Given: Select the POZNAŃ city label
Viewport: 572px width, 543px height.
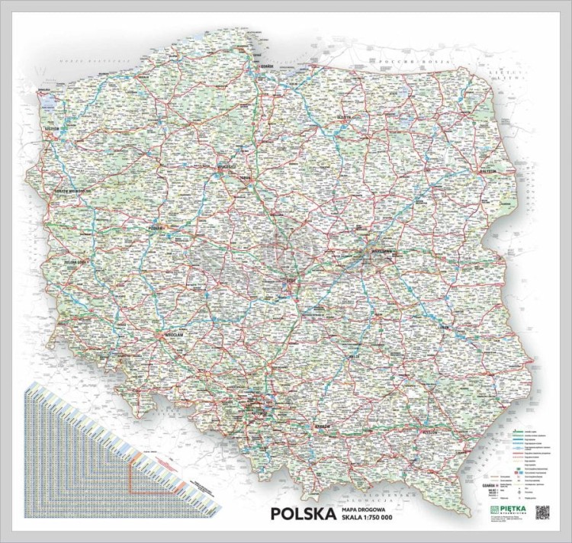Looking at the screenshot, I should [158, 228].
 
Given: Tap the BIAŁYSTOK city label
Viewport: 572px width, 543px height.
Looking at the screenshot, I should [485, 172].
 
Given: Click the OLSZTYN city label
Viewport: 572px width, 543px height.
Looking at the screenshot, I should [349, 117].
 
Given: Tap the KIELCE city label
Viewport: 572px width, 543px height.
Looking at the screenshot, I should [353, 355].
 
